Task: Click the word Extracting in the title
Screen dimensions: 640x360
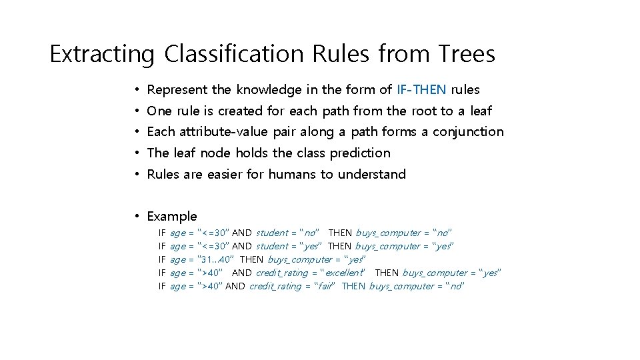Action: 101,54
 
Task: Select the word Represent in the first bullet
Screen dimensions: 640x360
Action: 177,89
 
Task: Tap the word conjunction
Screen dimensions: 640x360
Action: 468,132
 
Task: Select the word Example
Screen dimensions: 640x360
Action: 172,217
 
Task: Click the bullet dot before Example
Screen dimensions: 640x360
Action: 135,217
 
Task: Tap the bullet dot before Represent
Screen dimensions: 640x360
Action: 135,89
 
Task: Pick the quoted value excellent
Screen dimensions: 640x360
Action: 344,273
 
